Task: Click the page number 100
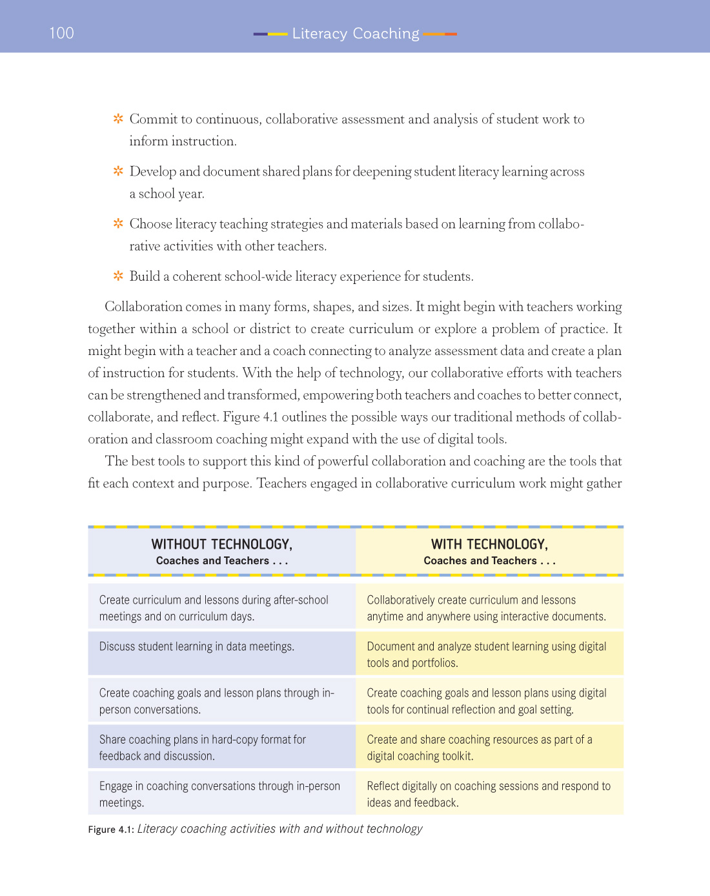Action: [x=61, y=33]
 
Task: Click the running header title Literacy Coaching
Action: [x=355, y=34]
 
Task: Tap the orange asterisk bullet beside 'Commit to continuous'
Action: [x=118, y=119]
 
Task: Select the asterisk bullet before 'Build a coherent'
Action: [x=118, y=276]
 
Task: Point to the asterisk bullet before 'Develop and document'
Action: [x=118, y=171]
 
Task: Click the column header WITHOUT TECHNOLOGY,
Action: [x=221, y=545]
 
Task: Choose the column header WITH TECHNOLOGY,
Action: [x=489, y=545]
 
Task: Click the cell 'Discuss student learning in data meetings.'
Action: [x=196, y=647]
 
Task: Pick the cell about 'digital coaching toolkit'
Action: [x=479, y=748]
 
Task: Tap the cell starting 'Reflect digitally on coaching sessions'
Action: [x=488, y=794]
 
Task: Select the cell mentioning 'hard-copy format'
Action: [x=202, y=748]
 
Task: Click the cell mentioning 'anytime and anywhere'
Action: [x=486, y=608]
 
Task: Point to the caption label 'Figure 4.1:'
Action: [x=111, y=830]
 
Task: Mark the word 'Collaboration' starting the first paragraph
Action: [x=143, y=307]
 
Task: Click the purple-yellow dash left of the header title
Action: [x=270, y=34]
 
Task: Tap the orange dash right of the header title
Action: [x=440, y=34]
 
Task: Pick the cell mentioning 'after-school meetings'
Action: [x=214, y=608]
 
